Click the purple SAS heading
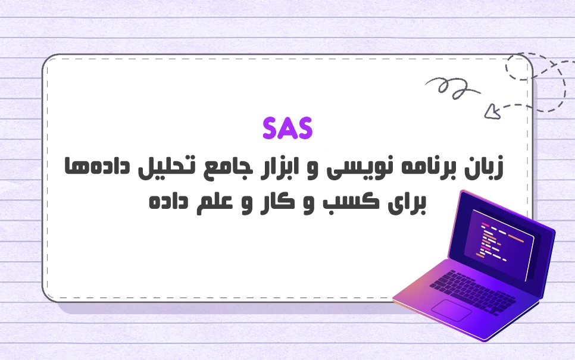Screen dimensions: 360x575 [x=287, y=129]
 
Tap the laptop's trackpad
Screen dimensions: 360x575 [x=451, y=309]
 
